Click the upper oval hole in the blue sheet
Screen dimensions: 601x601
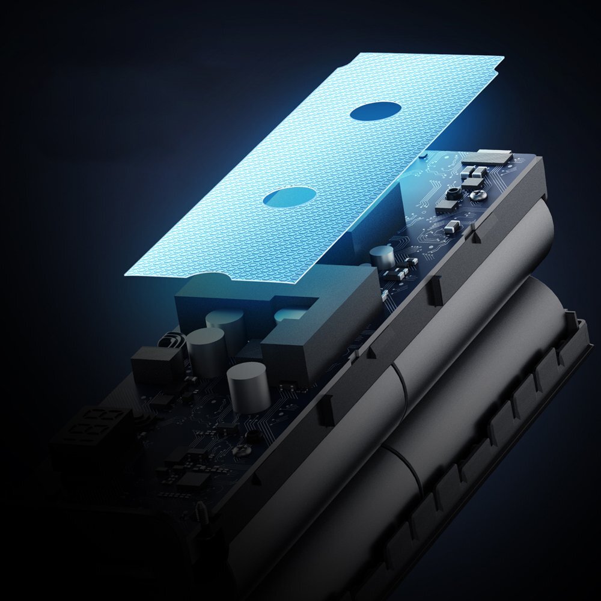[x=376, y=111]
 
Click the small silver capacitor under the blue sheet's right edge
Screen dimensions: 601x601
[x=382, y=256]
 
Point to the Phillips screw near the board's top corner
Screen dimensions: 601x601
[x=478, y=194]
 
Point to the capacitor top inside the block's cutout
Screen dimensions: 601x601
[x=291, y=314]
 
